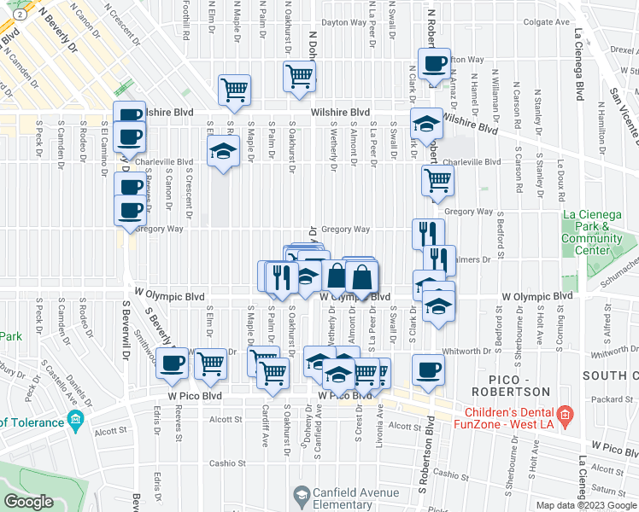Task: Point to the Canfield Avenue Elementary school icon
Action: click(x=302, y=494)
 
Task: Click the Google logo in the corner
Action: click(x=28, y=502)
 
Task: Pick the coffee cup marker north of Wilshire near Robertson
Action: click(x=433, y=64)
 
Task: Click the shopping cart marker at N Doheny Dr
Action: click(x=299, y=76)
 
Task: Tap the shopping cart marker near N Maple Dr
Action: click(x=234, y=89)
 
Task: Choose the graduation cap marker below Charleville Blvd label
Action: click(x=223, y=152)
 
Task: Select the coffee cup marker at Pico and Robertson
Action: click(x=429, y=370)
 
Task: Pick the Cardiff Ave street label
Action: click(x=265, y=438)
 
